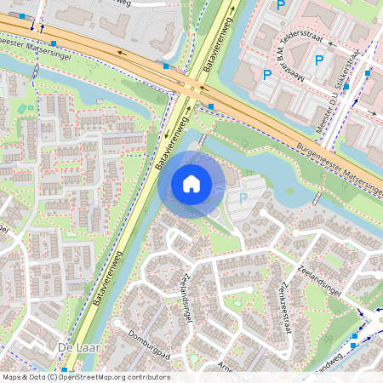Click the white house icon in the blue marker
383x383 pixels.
(191, 183)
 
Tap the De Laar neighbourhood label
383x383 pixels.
(73, 349)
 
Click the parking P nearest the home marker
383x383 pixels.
(243, 198)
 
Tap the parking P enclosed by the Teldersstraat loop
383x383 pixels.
(319, 60)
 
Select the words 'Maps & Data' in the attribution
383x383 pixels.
(24, 376)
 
